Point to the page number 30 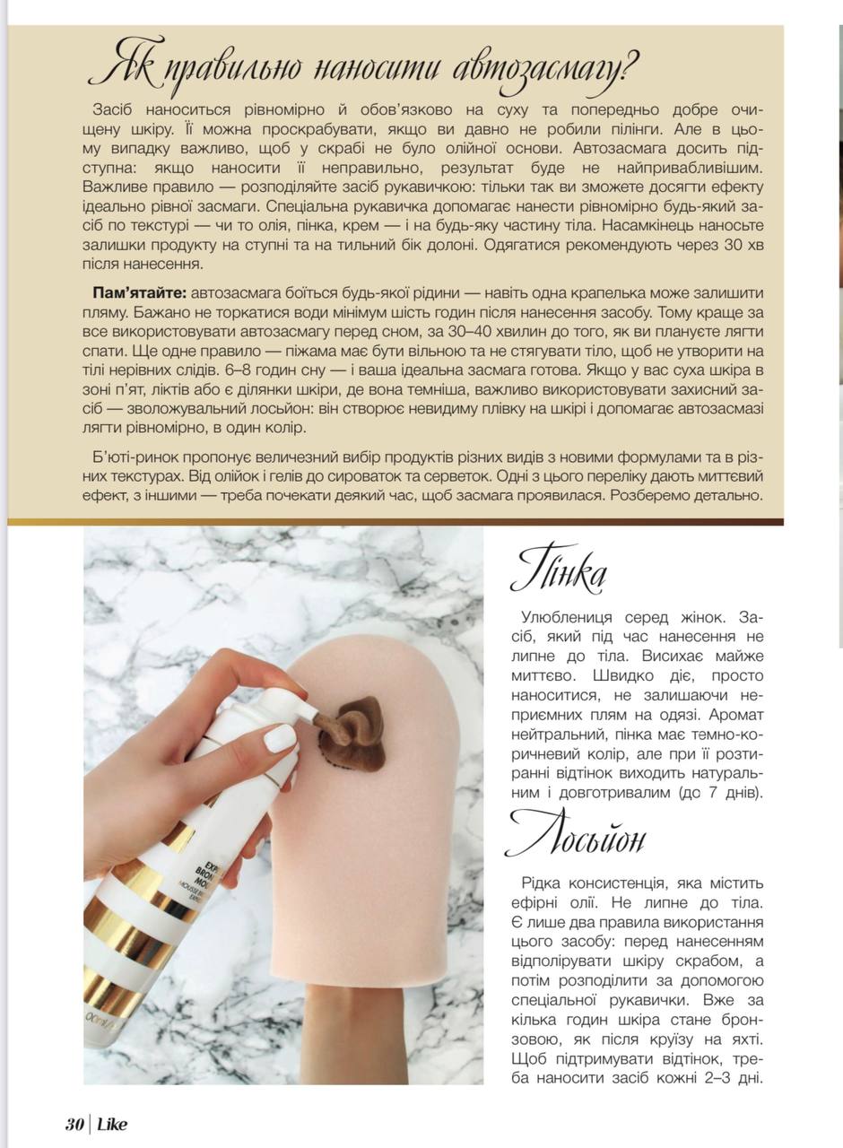[x=74, y=1125]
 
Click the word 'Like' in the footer [x=112, y=1125]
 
